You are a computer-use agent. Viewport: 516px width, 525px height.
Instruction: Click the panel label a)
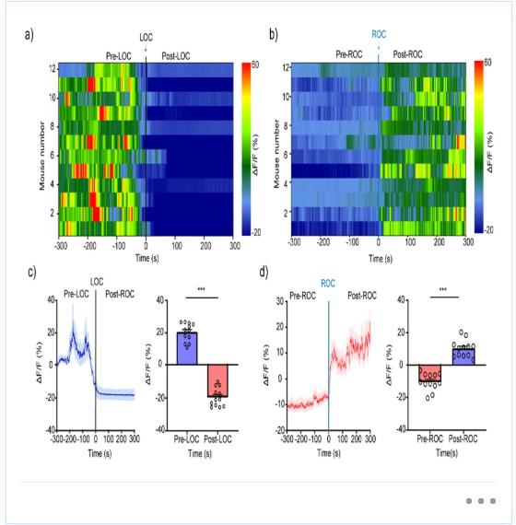[x=29, y=35]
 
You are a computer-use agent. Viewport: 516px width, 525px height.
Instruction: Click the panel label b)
[x=274, y=34]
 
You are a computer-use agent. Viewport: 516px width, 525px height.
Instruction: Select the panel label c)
[x=32, y=273]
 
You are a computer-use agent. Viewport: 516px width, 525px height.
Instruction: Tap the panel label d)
[x=264, y=273]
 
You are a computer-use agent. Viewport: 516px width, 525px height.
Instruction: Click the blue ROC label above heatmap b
[x=379, y=34]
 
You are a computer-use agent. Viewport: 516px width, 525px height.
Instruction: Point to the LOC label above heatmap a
[x=147, y=37]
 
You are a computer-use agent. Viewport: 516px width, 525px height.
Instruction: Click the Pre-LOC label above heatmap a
[x=119, y=56]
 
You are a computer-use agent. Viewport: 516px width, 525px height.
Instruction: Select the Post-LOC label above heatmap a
[x=176, y=56]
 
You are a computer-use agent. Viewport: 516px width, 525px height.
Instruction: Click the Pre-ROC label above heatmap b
[x=349, y=54]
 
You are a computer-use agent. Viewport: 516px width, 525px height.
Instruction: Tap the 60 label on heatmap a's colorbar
[x=255, y=64]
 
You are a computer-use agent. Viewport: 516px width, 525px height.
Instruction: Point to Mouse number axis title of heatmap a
[x=41, y=156]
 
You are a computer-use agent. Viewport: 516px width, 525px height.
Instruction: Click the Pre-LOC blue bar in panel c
[x=187, y=348]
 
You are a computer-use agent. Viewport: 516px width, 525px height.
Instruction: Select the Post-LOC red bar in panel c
[x=217, y=380]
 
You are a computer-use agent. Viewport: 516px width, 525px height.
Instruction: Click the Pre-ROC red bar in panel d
[x=430, y=373]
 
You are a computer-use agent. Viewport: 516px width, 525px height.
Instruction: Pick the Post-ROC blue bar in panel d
[x=463, y=357]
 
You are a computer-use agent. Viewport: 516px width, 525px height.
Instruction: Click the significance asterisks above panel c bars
[x=202, y=289]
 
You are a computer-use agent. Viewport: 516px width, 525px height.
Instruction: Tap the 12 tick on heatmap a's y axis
[x=53, y=69]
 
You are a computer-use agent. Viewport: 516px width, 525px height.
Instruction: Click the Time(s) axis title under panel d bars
[x=447, y=453]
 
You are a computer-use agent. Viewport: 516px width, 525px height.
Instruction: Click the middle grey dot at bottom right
[x=481, y=501]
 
